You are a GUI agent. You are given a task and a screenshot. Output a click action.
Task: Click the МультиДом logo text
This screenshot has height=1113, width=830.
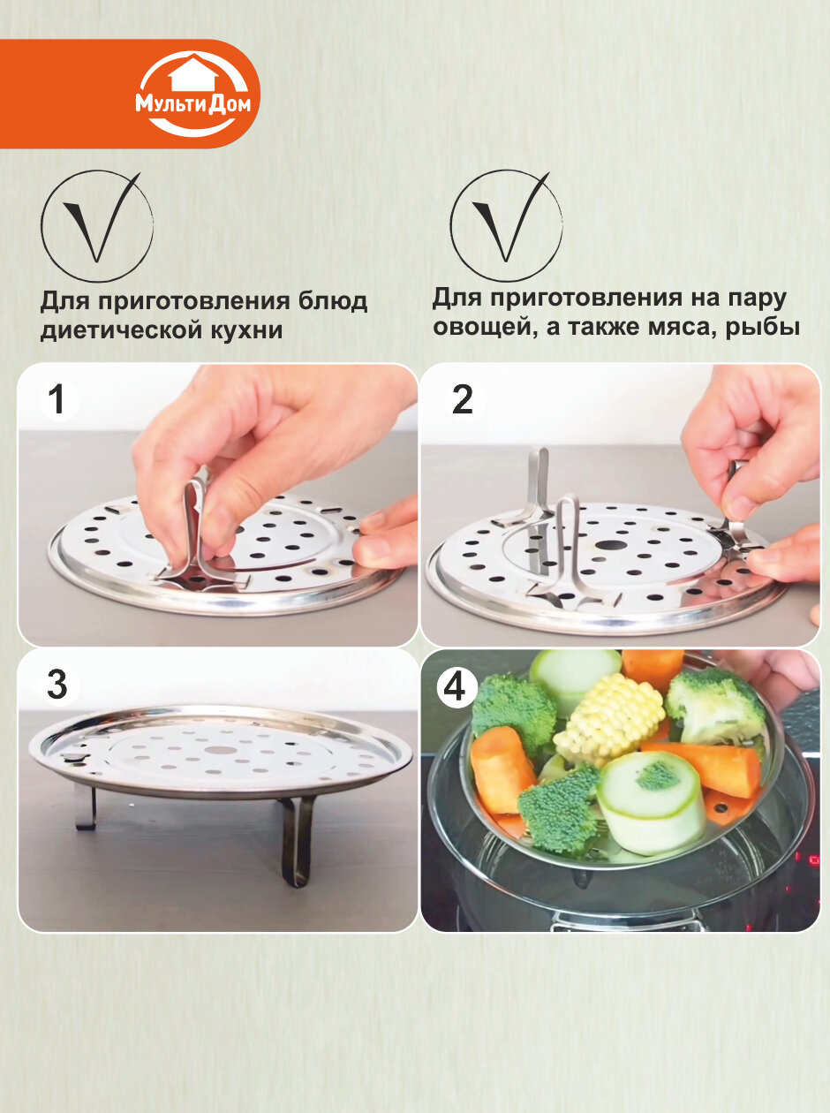tap(192, 104)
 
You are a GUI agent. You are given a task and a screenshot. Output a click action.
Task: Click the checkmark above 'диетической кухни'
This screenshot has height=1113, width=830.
tap(101, 217)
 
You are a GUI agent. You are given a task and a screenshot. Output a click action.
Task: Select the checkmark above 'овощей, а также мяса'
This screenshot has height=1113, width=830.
tap(510, 216)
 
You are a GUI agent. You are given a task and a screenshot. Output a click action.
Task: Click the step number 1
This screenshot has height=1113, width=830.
tap(58, 399)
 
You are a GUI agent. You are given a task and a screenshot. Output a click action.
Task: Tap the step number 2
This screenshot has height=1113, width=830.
tap(462, 400)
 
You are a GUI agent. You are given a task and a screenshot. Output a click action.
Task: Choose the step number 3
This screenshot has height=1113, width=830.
tap(57, 684)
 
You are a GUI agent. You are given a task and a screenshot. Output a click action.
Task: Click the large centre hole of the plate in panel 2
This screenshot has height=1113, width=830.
tap(611, 546)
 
